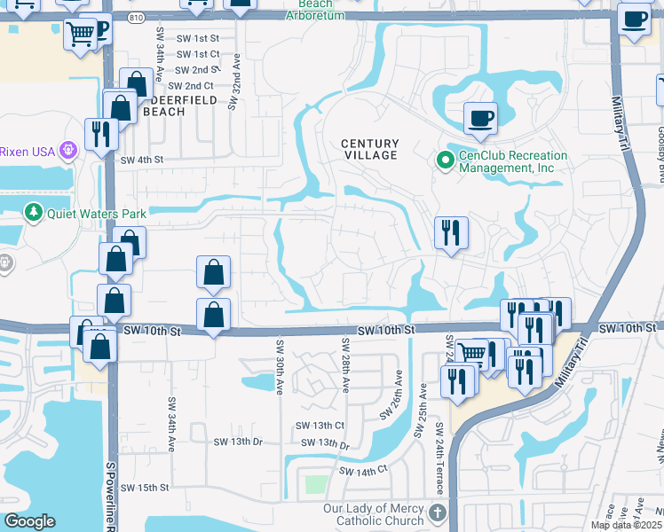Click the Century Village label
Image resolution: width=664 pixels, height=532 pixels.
[370, 149]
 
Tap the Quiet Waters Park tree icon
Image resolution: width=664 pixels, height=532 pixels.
[33, 213]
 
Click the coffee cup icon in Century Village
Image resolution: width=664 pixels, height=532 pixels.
[480, 118]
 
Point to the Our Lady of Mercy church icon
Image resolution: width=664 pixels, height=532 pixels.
[436, 513]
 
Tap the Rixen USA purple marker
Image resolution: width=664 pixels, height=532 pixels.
[67, 151]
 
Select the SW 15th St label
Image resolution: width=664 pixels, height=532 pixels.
[145, 488]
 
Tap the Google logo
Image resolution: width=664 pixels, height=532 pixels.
[29, 521]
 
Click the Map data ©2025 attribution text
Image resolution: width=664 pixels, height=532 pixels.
[626, 525]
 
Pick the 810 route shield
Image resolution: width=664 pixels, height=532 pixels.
[135, 17]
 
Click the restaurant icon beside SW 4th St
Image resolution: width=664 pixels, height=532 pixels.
[99, 133]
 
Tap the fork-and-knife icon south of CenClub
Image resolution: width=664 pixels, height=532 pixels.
[451, 232]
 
